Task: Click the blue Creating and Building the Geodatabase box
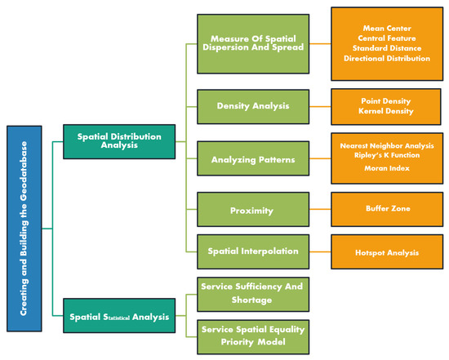tap(23, 228)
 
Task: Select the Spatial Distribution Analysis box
tap(118, 140)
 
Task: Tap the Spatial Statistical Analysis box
tap(118, 316)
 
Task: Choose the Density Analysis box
tap(253, 105)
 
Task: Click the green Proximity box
tap(253, 210)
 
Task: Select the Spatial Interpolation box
tap(253, 251)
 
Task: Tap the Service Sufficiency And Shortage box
tap(253, 292)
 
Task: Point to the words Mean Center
tap(386, 27)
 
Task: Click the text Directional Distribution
tap(386, 58)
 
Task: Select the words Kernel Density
tap(386, 110)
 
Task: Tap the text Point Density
tap(386, 100)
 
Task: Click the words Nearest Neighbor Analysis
tap(386, 145)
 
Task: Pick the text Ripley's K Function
tap(386, 156)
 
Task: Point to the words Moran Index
tap(386, 169)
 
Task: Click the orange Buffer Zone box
tap(386, 209)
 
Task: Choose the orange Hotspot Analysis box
tap(386, 252)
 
